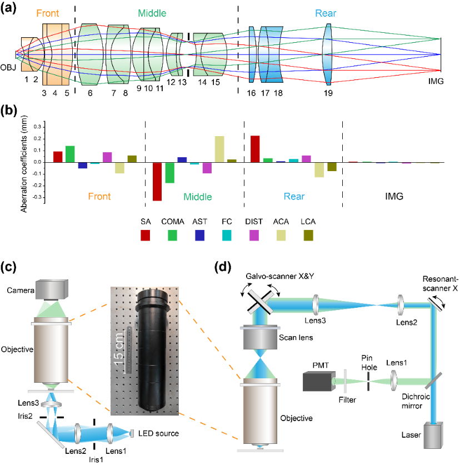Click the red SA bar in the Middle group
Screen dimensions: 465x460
pos(157,181)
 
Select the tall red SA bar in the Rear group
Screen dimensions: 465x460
pos(256,149)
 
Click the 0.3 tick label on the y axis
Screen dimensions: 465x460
pos(37,127)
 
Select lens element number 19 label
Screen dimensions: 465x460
pos(328,93)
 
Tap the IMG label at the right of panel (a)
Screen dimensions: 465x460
pos(436,81)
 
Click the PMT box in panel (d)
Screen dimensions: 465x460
pos(317,382)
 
